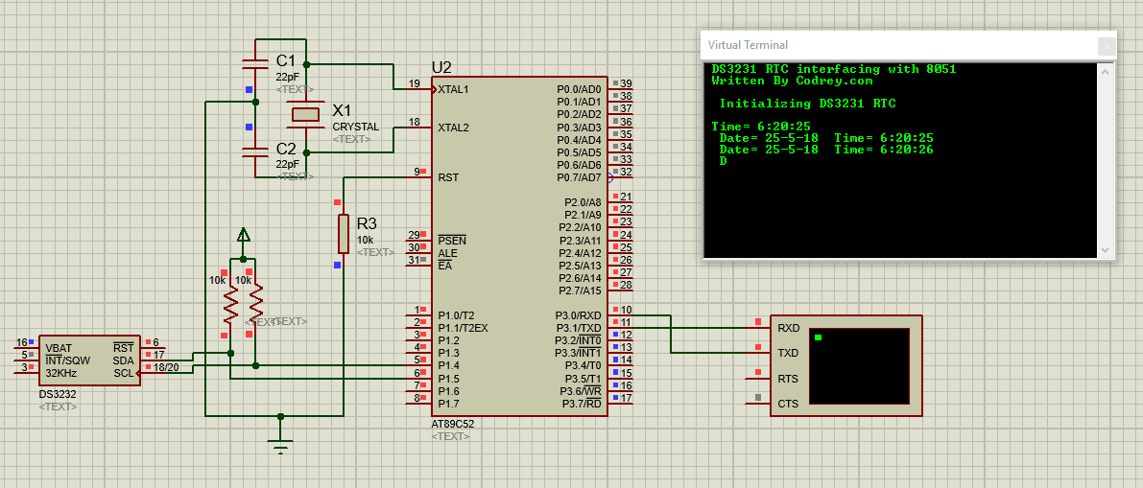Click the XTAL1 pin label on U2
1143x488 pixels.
(453, 90)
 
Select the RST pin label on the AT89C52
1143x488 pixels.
(447, 177)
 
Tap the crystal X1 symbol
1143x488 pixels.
(305, 115)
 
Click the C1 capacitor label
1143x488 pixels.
(286, 60)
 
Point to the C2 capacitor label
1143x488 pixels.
(286, 149)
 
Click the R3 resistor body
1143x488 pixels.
(343, 233)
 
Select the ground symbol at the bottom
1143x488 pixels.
(280, 447)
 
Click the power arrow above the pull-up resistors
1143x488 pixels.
(243, 235)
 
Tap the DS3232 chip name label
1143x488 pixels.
(58, 394)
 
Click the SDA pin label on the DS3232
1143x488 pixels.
(123, 360)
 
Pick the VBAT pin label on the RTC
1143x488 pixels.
(59, 347)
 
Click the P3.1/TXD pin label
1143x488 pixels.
(579, 328)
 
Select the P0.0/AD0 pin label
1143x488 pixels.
(579, 89)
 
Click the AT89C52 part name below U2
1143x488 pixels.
(453, 424)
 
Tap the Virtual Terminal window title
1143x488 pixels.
(748, 45)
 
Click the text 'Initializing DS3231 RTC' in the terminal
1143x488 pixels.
(807, 104)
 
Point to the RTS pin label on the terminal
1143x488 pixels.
(788, 379)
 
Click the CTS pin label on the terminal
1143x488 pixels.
(788, 404)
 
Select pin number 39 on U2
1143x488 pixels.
(626, 84)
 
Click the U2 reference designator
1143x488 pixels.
(441, 67)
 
